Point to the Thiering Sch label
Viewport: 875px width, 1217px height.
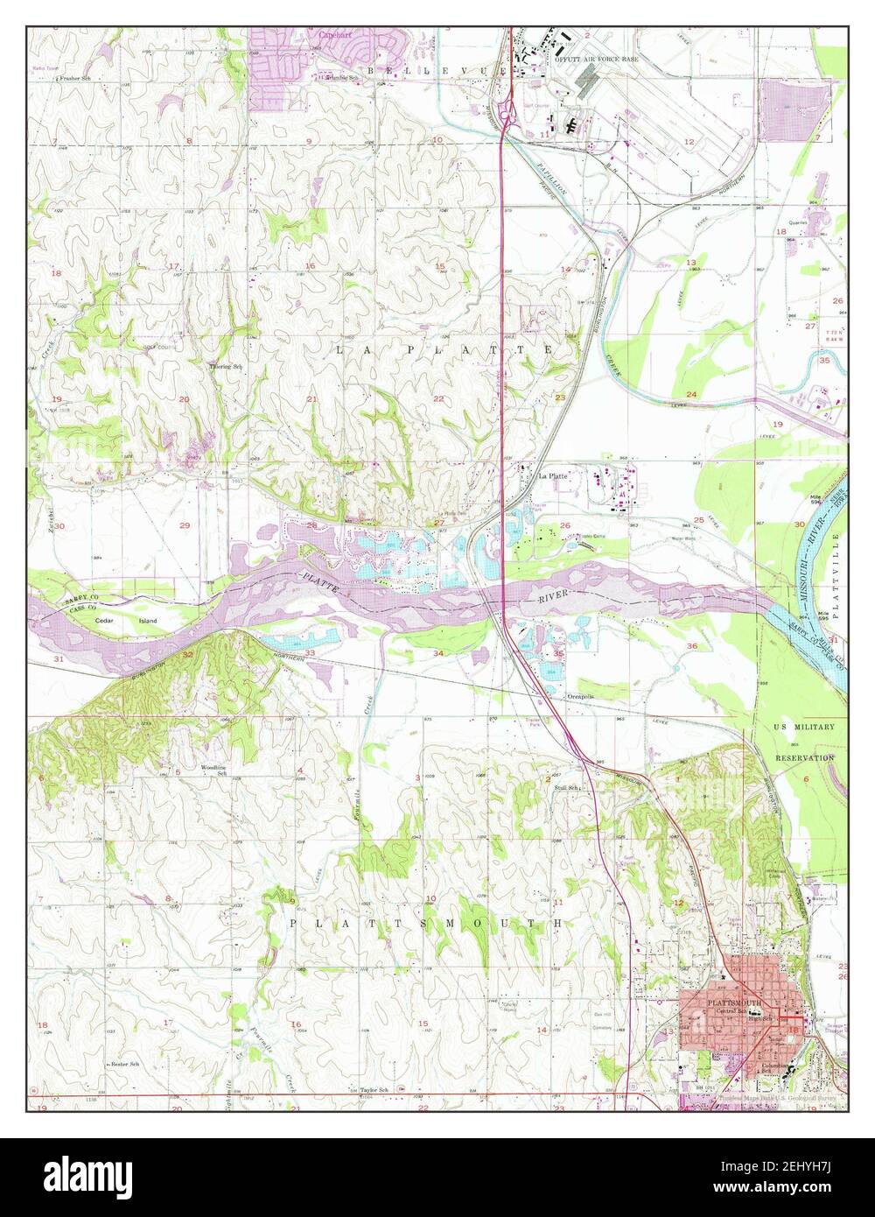225,367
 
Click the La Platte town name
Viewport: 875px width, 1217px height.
553,476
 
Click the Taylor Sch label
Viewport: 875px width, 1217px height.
374,1091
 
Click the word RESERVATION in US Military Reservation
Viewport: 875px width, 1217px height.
805,757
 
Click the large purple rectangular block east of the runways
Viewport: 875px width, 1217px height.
785,109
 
